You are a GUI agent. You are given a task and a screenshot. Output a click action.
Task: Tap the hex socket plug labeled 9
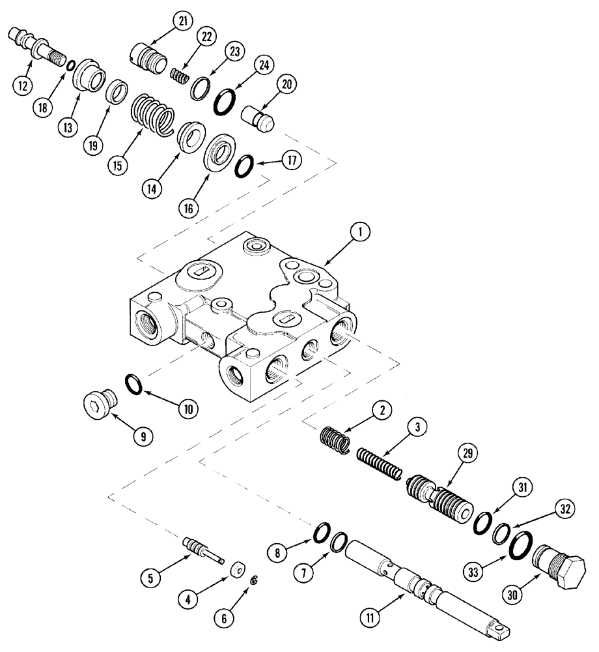pos(100,404)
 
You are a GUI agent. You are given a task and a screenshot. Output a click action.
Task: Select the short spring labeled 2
pos(337,438)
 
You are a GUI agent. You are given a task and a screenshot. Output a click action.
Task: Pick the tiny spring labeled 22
pos(178,77)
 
